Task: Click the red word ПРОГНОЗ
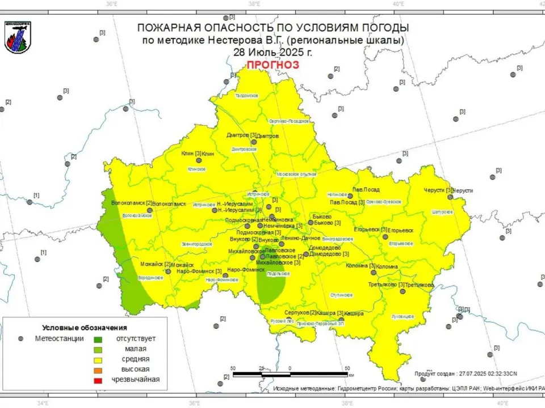[x=272, y=65]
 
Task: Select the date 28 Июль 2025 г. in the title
[x=272, y=52]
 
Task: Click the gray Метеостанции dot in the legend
[x=21, y=338]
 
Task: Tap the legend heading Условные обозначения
[x=85, y=328]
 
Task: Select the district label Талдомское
[x=247, y=96]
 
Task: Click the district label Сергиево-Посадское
[x=289, y=121]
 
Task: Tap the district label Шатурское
[x=443, y=212]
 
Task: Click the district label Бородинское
[x=151, y=278]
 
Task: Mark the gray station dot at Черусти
[x=450, y=197]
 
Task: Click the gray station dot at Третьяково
[x=403, y=291]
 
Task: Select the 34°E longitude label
[x=42, y=403]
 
